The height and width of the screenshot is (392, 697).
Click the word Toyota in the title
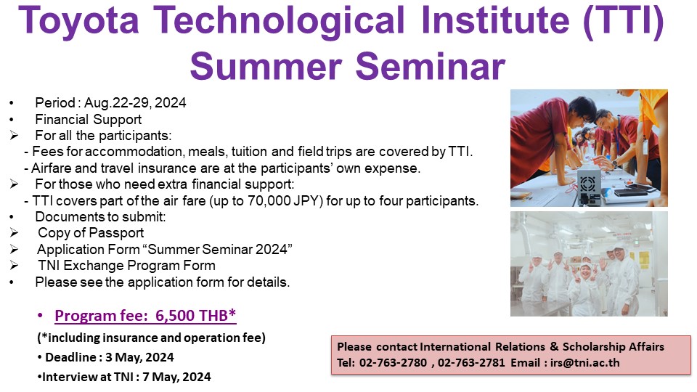[78, 21]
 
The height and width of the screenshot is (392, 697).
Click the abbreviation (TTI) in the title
[624, 21]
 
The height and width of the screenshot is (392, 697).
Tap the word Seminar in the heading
[431, 66]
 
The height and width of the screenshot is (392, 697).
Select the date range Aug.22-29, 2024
[135, 102]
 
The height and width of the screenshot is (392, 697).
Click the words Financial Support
[89, 119]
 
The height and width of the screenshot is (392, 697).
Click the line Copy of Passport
[91, 233]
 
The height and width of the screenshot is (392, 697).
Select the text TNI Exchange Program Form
[126, 266]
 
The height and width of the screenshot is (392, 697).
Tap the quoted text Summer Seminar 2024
[217, 249]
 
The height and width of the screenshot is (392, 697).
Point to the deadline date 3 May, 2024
[139, 357]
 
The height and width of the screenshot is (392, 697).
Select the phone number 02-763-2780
[393, 363]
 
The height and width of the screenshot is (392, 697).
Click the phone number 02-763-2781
[471, 363]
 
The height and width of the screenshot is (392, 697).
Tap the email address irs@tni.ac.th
[584, 363]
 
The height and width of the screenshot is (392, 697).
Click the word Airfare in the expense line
[51, 168]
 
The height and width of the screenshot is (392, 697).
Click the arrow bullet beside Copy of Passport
[14, 232]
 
